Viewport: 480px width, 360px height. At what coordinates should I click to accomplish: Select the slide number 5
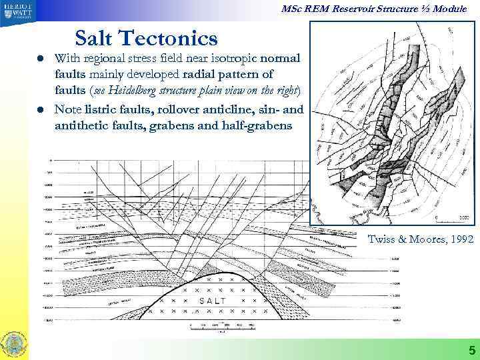pyautogui.click(x=471, y=350)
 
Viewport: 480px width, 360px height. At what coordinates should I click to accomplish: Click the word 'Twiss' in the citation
pyautogui.click(x=383, y=239)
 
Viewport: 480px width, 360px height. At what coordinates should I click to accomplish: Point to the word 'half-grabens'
pyautogui.click(x=256, y=125)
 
